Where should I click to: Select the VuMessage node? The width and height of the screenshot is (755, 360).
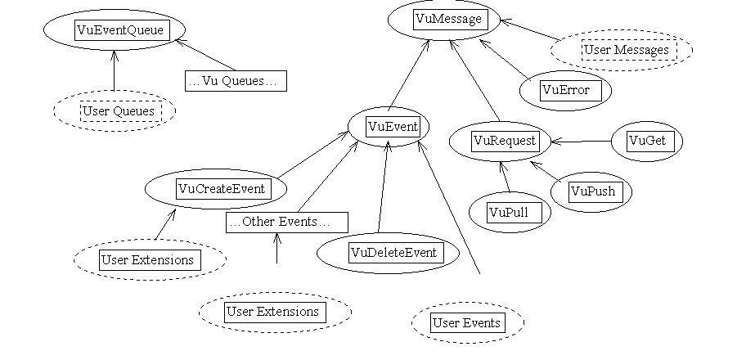(448, 18)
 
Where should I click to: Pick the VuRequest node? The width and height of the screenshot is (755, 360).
(505, 141)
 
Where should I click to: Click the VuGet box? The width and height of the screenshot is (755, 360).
(646, 141)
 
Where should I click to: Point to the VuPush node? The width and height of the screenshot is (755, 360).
(591, 192)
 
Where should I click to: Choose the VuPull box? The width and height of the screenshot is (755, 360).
(508, 213)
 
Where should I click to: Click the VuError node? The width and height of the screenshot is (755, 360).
(565, 90)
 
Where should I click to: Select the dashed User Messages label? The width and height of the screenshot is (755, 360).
(626, 50)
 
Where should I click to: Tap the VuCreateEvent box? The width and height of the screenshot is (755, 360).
(221, 189)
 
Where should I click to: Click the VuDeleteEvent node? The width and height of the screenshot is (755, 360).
(393, 252)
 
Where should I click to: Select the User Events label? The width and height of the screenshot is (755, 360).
(466, 322)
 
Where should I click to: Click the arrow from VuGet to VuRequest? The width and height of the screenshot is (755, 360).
(582, 142)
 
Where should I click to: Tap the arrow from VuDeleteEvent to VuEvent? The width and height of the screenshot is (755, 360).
(381, 188)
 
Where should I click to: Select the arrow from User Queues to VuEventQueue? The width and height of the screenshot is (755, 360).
(114, 70)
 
